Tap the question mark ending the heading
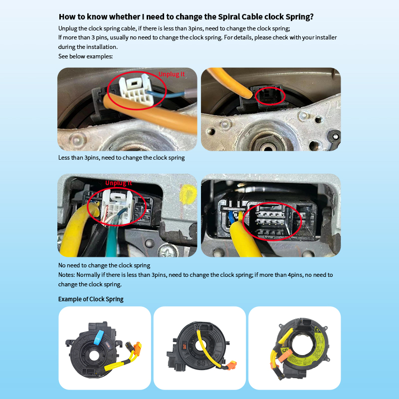311,17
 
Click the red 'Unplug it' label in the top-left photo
171,74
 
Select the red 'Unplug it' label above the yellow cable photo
119,183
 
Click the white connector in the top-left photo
136,88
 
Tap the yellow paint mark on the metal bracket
188,194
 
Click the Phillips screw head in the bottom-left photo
168,251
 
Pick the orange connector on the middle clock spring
231,365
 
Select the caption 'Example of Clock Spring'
91,299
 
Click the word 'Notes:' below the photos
66,275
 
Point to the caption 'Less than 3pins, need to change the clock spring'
121,158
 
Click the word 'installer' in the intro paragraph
326,37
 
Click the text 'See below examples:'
85,56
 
